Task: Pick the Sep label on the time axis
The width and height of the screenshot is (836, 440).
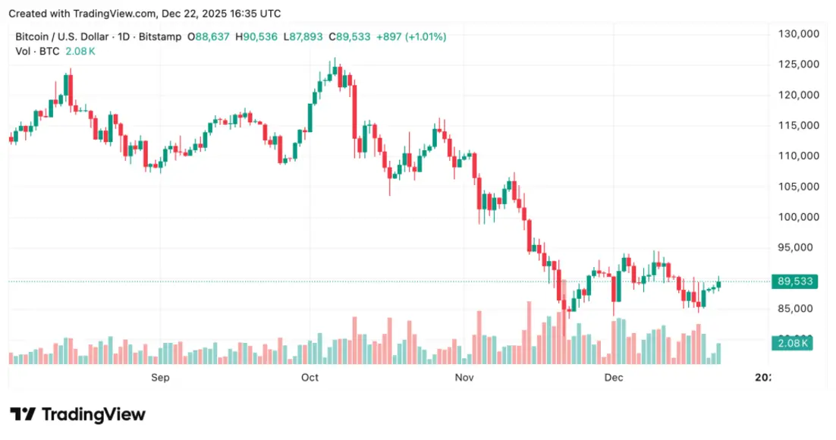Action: [x=160, y=377]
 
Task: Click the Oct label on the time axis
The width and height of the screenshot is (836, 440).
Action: [x=310, y=377]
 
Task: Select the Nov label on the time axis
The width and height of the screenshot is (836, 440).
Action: [x=464, y=377]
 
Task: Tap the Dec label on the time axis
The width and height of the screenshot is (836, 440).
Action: [x=613, y=377]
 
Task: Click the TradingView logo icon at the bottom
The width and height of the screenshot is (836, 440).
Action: [x=22, y=414]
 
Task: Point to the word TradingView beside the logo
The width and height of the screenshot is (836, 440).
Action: [x=93, y=414]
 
